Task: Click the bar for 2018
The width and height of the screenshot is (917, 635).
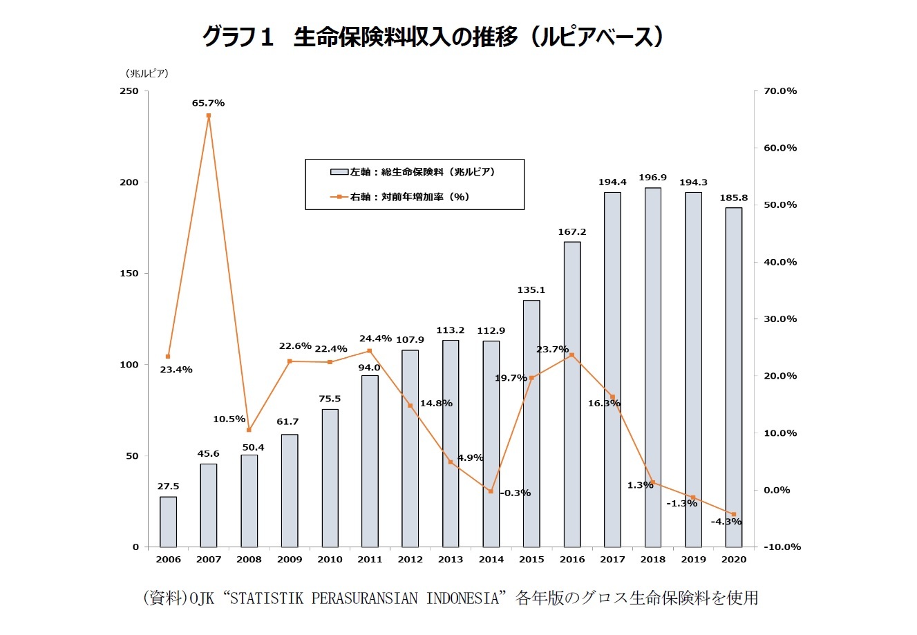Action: pos(653,367)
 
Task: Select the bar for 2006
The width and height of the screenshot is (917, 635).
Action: pos(168,522)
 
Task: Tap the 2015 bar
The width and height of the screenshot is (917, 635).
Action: pos(531,424)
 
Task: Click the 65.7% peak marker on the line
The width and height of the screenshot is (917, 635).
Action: pos(208,115)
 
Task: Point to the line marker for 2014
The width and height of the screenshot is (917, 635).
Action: pos(491,491)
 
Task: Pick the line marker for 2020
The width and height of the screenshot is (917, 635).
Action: pos(734,514)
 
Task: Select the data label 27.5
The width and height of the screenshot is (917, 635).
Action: pos(168,486)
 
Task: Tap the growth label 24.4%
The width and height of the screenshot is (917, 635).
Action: pos(375,339)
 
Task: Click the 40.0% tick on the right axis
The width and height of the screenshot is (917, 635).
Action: pos(780,262)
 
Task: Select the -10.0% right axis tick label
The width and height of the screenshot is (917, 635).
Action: pos(782,547)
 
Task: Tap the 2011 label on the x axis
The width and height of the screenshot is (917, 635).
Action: pos(370,559)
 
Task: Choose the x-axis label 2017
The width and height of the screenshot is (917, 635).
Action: pos(612,559)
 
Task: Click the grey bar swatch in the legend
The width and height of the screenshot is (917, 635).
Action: pos(339,172)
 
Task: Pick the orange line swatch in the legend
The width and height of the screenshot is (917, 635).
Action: pos(339,197)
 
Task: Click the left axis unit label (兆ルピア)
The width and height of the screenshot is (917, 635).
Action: pos(146,73)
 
